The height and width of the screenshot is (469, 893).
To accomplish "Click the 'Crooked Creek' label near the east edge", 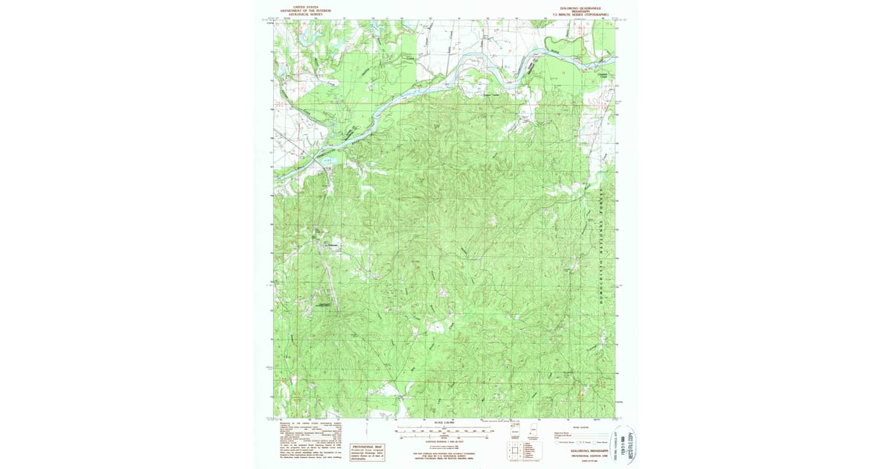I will click(x=603, y=74).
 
